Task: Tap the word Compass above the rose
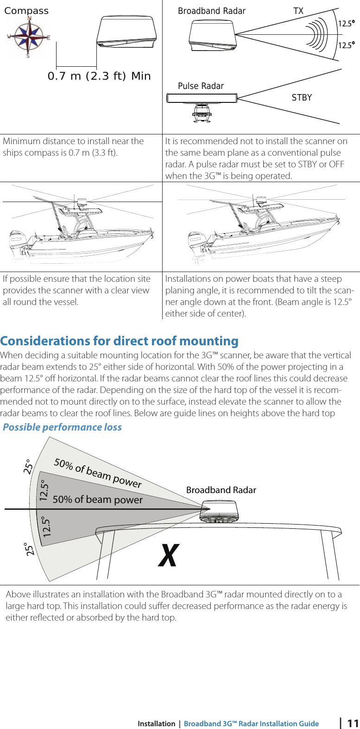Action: pos(26,11)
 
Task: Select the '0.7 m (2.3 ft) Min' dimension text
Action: pos(99,76)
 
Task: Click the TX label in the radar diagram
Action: pos(298,11)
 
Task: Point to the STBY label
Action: pos(302,97)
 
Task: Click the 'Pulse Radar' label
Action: pos(201,86)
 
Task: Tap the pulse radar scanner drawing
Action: pos(202,104)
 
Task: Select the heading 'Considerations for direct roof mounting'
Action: pos(119,341)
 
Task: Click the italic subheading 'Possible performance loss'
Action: pos(62,427)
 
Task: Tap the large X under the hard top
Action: pos(168,556)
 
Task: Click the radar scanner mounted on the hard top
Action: pos(224,513)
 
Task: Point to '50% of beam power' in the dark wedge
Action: pos(98,500)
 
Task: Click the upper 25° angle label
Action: pos(28,466)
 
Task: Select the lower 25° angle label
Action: pos(31,550)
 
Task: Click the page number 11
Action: pos(353,723)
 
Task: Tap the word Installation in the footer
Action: pos(156,724)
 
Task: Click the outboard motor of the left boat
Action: pos(18,244)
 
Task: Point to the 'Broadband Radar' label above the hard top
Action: pos(221,490)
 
